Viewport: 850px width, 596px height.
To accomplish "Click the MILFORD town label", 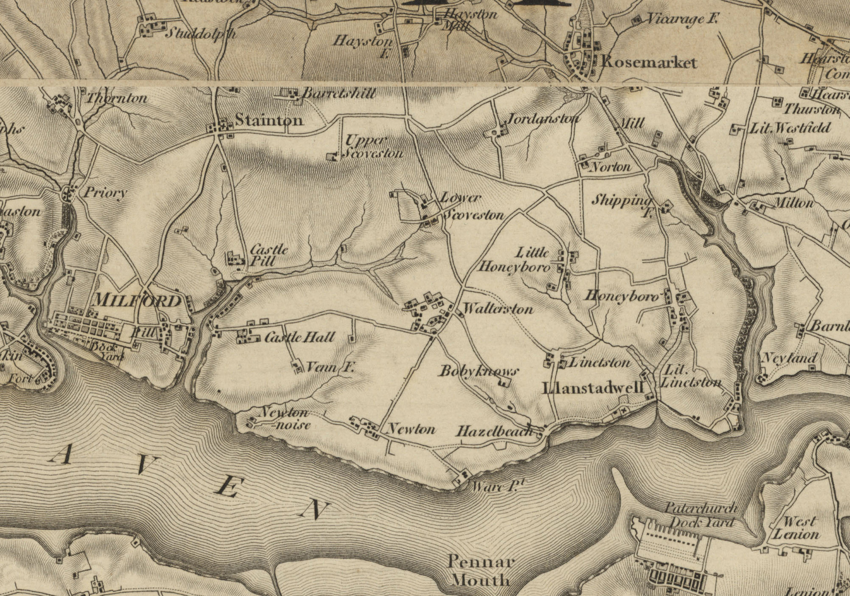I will pyautogui.click(x=137, y=301).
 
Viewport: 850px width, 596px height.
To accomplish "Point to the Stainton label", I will pyautogui.click(x=269, y=120).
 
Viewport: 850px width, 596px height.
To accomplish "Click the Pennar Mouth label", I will pyautogui.click(x=481, y=571).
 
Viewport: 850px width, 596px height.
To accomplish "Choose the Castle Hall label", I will pyautogui.click(x=300, y=337).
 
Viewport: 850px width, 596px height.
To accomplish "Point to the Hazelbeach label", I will pyautogui.click(x=494, y=432).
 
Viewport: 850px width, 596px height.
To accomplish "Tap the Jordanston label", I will pyautogui.click(x=543, y=118).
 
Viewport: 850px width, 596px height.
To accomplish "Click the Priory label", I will pyautogui.click(x=105, y=193).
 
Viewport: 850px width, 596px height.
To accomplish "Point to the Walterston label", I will pyautogui.click(x=498, y=309).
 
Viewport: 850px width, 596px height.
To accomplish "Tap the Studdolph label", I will pyautogui.click(x=200, y=34).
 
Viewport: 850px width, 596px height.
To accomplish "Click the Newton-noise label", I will pyautogui.click(x=286, y=418).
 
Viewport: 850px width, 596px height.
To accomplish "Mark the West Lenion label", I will pyautogui.click(x=795, y=527).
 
